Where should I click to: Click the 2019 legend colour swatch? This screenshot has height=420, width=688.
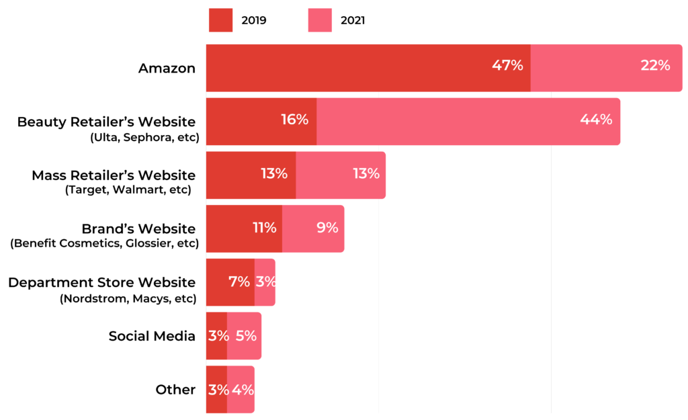point(220,20)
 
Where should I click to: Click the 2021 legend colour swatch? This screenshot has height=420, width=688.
point(320,20)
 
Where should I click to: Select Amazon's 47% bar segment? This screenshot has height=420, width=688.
point(368,68)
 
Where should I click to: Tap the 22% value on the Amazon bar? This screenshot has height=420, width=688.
point(655,66)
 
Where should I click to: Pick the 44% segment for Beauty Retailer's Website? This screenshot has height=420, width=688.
point(468,122)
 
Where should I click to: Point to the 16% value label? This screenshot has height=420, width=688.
point(294,120)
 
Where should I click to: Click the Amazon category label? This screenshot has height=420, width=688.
point(167,68)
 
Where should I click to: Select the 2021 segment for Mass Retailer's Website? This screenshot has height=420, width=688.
point(341,175)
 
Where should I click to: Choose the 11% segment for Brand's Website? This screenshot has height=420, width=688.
point(244,229)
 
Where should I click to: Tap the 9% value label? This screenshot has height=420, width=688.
point(327,227)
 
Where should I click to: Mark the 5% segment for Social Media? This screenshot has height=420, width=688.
point(244,336)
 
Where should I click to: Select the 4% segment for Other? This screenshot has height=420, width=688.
point(241,390)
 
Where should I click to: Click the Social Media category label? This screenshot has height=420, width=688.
point(152,336)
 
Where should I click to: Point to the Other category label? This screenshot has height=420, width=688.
point(175,390)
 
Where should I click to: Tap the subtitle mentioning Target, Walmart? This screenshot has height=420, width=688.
point(128,191)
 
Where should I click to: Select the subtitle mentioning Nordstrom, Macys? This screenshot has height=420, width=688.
point(128,298)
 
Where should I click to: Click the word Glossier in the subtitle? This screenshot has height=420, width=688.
point(151,244)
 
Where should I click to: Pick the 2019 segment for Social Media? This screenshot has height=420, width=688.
point(216,336)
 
